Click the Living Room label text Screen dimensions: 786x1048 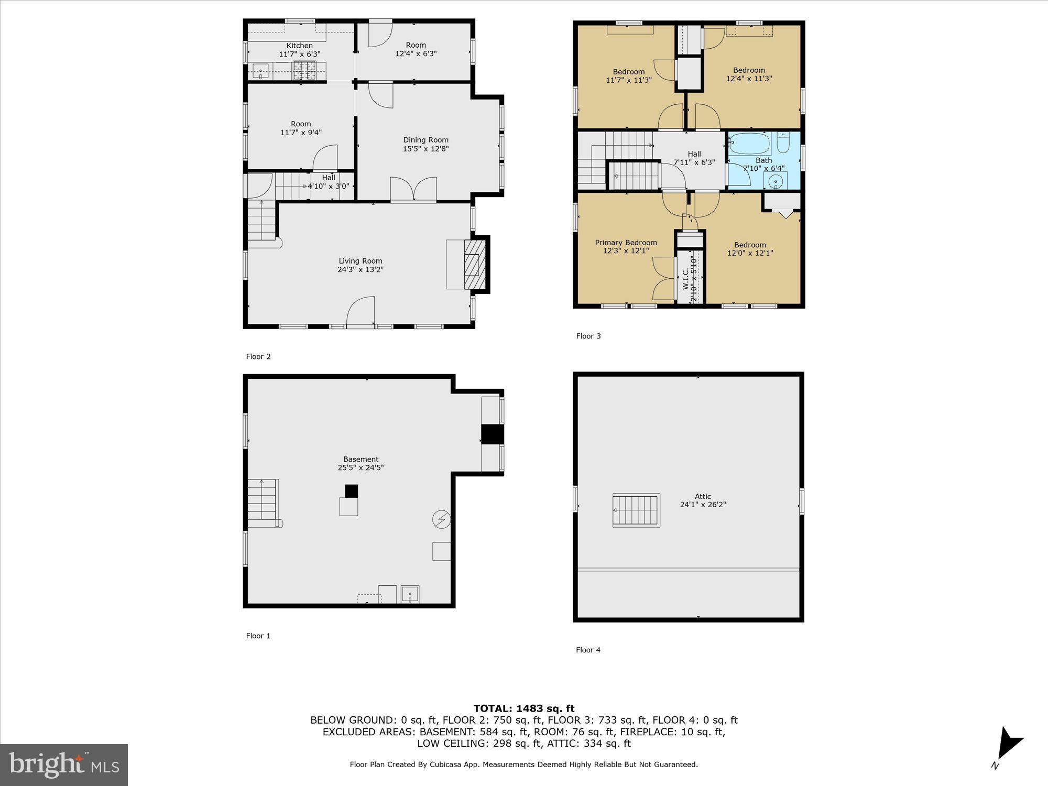point(360,261)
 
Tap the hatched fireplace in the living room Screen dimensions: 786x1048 point(475,264)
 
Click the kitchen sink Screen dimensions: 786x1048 point(260,70)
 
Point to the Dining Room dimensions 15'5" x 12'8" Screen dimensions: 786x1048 point(425,149)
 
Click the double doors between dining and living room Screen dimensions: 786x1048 point(413,189)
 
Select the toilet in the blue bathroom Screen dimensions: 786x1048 point(783,143)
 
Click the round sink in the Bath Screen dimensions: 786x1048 point(776,181)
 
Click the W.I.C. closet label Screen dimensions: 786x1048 point(685,279)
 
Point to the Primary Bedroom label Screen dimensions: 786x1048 point(626,243)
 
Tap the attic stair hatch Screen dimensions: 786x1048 point(636,510)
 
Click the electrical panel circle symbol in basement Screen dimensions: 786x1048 point(441,519)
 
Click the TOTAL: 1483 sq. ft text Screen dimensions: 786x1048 point(524,708)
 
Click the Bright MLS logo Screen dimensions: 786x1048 point(64,765)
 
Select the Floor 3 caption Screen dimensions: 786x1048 point(588,336)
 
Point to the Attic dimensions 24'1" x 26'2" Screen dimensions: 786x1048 point(703,505)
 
